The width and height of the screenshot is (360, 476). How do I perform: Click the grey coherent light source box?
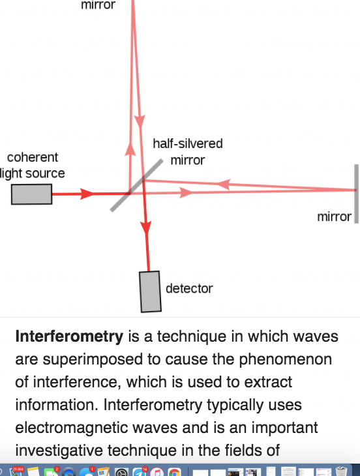[31, 194]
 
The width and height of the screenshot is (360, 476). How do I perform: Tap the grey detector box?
[150, 291]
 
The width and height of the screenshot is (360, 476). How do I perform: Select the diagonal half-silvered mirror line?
[136, 185]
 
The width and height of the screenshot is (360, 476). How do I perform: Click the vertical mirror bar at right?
[356, 194]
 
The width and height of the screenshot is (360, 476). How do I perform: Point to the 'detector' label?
[189, 288]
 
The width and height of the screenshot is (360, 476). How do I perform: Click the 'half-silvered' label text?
[188, 143]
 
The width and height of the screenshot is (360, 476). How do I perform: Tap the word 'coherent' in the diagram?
[33, 157]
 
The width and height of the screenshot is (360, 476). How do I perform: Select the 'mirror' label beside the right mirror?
[334, 216]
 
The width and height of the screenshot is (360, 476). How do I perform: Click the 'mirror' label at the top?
[98, 5]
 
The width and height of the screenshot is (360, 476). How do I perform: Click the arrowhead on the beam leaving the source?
[87, 194]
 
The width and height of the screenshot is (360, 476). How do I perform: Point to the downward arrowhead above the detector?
[146, 228]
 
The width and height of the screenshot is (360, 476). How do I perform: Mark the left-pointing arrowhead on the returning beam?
[224, 185]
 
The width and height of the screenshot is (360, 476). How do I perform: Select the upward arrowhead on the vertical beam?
[130, 149]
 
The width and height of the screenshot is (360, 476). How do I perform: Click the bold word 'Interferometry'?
[69, 336]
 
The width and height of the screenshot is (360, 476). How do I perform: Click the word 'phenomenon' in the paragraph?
[286, 360]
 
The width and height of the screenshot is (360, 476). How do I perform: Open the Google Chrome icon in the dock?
[174, 472]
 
